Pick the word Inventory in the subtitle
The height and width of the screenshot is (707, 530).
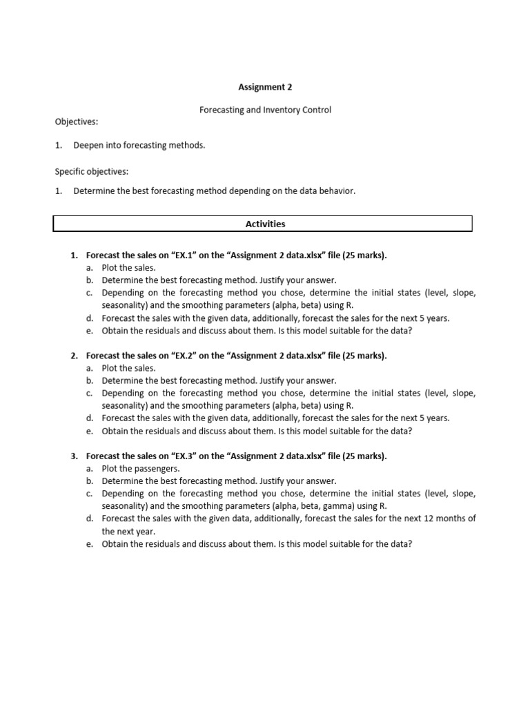click(279, 110)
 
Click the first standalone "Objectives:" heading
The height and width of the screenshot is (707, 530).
click(77, 122)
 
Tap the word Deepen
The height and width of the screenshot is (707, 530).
click(88, 145)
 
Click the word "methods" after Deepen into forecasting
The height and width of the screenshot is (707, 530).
click(188, 145)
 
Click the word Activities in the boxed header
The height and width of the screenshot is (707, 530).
click(265, 224)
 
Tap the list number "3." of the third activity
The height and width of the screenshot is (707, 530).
click(74, 456)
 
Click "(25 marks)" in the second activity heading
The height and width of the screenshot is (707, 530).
click(362, 356)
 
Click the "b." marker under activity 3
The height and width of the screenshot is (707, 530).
click(90, 481)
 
